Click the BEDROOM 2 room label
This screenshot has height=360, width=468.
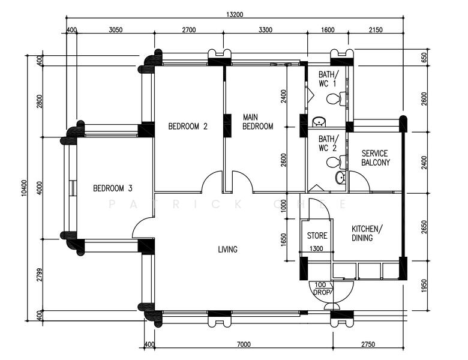pos(188,127)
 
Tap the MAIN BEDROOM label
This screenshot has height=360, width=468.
pos(257,122)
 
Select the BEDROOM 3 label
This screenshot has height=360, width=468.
pos(113,188)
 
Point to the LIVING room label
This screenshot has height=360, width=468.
pos(228,249)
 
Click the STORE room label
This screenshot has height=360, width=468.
pos(317,236)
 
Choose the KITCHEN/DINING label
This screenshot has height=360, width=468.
pos(367,233)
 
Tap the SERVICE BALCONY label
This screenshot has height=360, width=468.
pos(376,158)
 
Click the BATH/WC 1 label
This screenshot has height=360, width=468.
pos(329,79)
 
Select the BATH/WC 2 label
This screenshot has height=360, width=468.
pos(329,143)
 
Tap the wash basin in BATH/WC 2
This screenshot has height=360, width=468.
pos(340,178)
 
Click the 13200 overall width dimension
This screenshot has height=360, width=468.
pos(235,14)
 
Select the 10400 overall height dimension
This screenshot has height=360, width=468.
pos(24,188)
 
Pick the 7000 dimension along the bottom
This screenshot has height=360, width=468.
pos(244,344)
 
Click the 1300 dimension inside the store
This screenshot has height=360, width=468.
pos(316,248)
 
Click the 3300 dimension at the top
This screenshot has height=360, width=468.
pos(265,30)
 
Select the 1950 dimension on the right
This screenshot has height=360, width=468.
pos(424,286)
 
